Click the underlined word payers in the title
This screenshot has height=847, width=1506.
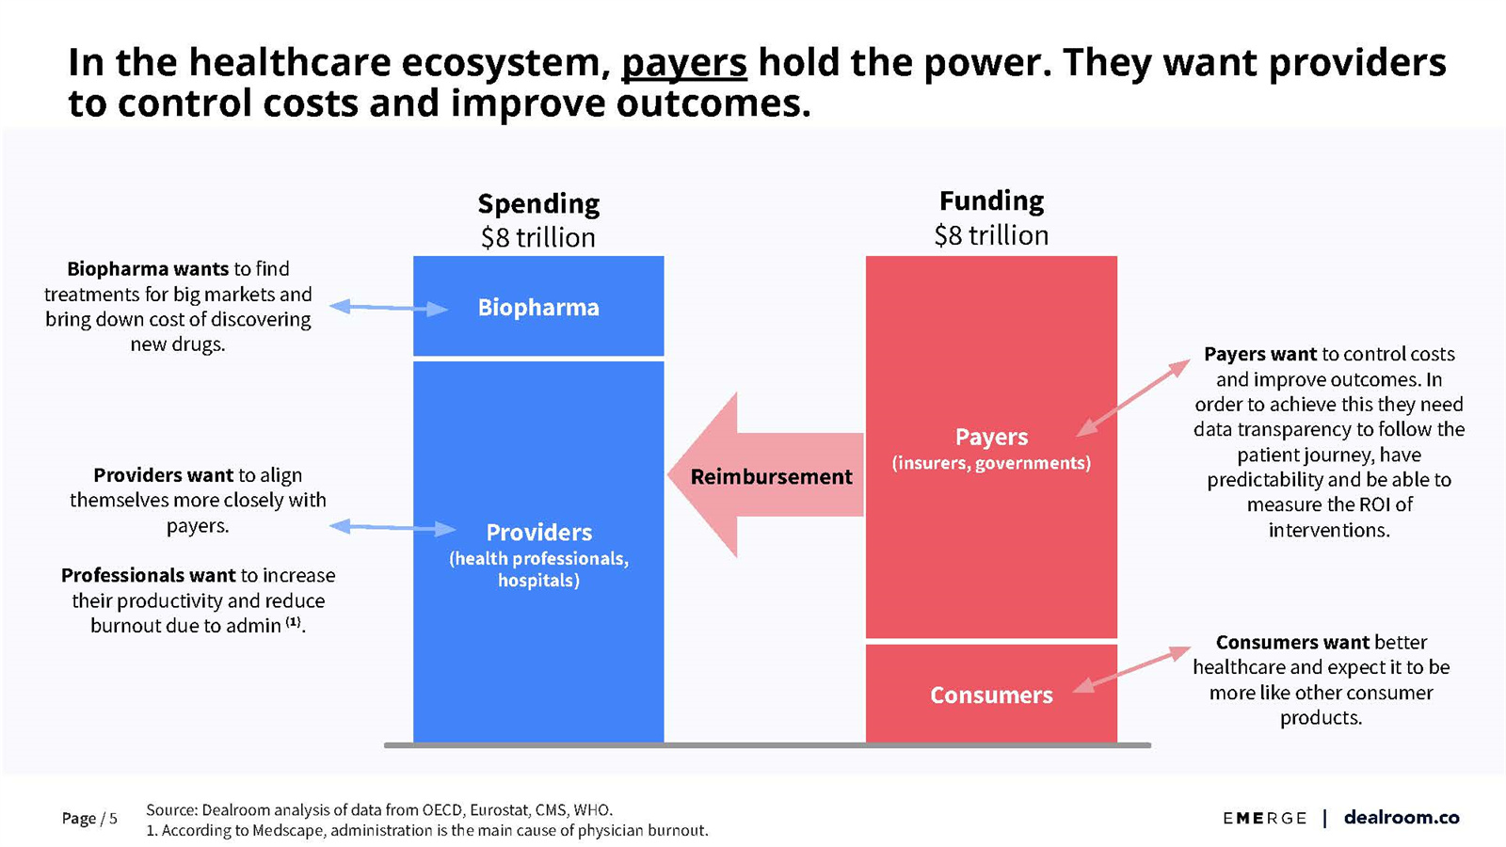click(x=683, y=63)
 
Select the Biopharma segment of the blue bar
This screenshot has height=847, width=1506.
click(x=538, y=306)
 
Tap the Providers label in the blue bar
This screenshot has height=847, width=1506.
click(x=539, y=533)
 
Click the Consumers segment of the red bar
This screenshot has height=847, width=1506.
click(x=992, y=694)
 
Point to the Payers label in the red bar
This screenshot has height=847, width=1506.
click(x=992, y=437)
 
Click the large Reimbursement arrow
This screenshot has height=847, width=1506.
click(x=766, y=474)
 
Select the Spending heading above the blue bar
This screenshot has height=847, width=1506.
click(x=538, y=203)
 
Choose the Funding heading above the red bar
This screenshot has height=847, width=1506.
click(x=992, y=201)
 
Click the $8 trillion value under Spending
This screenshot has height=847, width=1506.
click(x=538, y=238)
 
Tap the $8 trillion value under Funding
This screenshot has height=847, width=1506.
click(x=992, y=235)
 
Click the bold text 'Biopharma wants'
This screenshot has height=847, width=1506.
click(x=148, y=269)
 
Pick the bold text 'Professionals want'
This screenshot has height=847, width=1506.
click(x=148, y=575)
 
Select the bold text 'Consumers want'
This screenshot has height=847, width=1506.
click(x=1292, y=643)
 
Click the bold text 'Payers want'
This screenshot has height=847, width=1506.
click(x=1260, y=354)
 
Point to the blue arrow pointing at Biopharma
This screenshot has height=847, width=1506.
click(x=389, y=308)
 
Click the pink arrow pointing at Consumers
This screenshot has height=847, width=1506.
click(x=1131, y=669)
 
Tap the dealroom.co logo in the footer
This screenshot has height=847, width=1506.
click(x=1402, y=818)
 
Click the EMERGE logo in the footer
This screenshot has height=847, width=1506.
click(x=1265, y=818)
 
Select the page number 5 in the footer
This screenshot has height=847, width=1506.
click(x=113, y=818)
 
